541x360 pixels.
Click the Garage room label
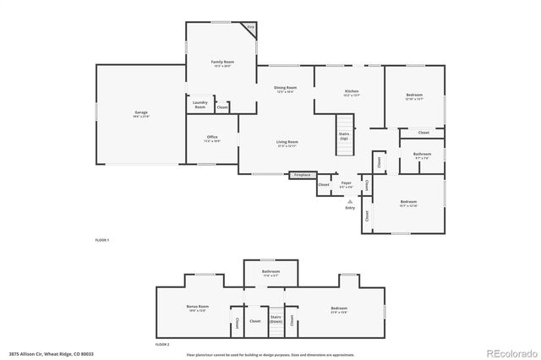(140, 112)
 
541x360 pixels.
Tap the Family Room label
(222, 63)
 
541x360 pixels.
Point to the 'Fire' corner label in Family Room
(250, 27)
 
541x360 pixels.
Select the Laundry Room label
(200, 105)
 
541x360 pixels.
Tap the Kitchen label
(352, 92)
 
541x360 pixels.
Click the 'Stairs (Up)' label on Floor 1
(343, 135)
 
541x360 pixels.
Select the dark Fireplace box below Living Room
(302, 175)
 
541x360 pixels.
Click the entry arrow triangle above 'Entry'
(350, 201)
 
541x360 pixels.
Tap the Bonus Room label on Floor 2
(197, 308)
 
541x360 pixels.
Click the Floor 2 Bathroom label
(270, 273)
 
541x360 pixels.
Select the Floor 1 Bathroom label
(421, 155)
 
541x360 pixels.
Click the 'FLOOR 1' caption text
(102, 241)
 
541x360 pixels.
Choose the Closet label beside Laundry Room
(222, 107)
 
